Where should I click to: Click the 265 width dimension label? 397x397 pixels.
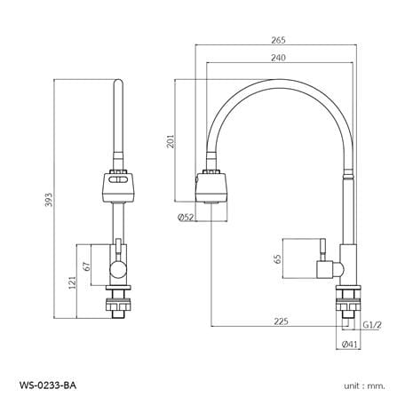tap(279, 40)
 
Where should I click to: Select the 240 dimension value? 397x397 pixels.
tap(279, 58)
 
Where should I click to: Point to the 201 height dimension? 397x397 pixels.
tap(171, 141)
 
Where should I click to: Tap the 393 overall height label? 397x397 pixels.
tap(49, 200)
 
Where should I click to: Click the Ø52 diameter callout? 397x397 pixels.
tap(186, 218)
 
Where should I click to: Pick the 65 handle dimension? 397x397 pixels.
tap(278, 258)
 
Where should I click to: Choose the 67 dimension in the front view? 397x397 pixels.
tap(87, 266)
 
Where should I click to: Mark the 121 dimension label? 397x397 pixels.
tap(72, 283)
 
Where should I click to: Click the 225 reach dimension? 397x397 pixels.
tap(281, 322)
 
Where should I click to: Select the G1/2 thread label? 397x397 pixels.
tap(372, 325)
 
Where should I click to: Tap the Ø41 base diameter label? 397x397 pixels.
tap(350, 345)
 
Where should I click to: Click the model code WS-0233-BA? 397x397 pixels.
tap(48, 385)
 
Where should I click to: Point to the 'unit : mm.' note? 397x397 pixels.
tap(365, 386)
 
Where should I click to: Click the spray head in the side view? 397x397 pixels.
tap(211, 187)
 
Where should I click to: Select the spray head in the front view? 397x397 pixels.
tap(119, 186)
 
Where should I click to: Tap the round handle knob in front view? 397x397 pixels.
tap(118, 270)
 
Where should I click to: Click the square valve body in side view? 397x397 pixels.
tap(325, 269)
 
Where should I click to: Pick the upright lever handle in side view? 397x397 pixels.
tap(322, 250)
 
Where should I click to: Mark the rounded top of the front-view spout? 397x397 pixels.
tap(118, 83)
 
